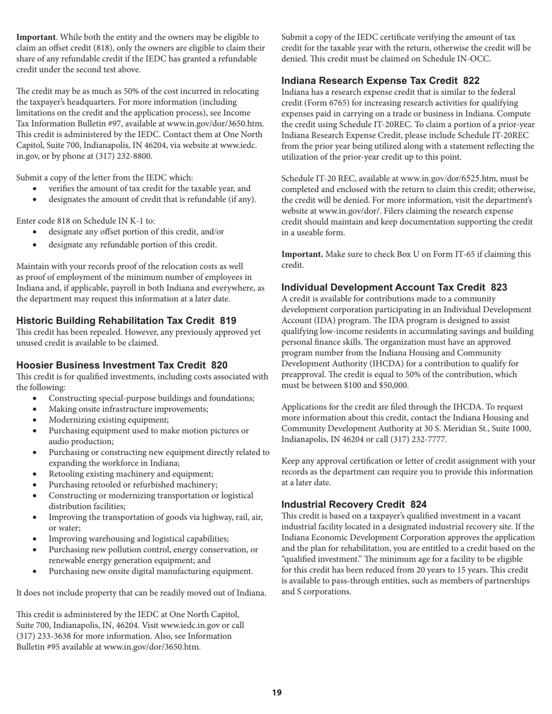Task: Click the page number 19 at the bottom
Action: (277, 693)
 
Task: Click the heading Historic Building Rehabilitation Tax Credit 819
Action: (126, 320)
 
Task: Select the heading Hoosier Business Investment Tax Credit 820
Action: (121, 365)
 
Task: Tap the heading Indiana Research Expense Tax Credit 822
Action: (381, 81)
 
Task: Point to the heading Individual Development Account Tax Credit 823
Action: (394, 287)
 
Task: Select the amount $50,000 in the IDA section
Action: (389, 385)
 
